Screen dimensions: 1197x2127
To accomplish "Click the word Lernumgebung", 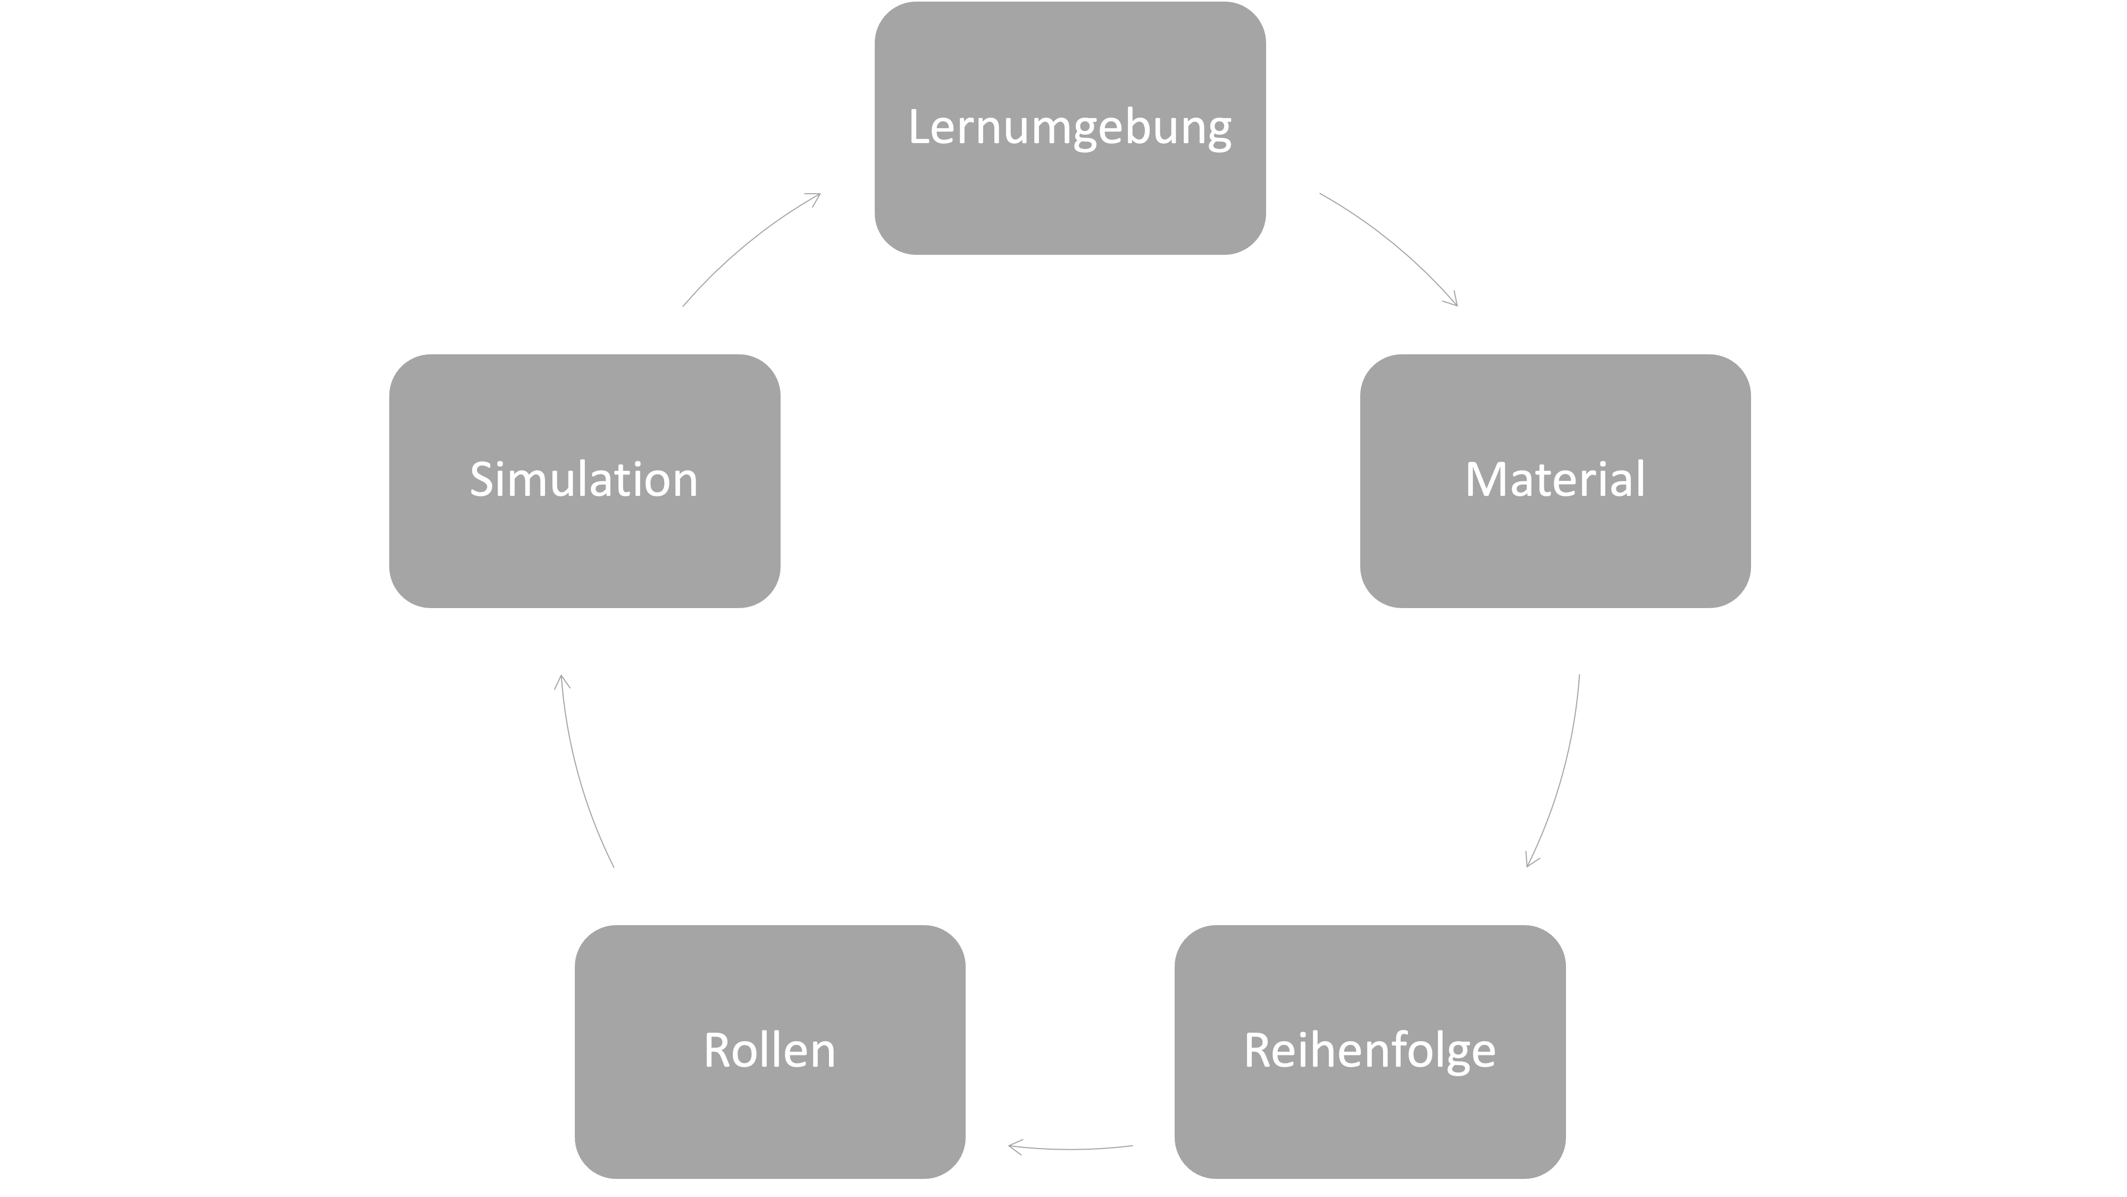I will tap(1069, 128).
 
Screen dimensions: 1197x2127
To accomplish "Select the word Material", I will tap(1555, 480).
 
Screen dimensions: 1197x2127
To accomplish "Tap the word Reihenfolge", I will tap(1369, 1051).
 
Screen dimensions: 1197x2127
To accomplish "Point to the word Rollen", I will tap(769, 1051).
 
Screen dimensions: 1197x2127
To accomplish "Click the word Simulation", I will tap(584, 480).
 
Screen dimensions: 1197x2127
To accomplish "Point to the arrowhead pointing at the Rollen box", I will tap(1012, 1146).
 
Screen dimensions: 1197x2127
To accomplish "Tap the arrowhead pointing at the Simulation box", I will tap(562, 679).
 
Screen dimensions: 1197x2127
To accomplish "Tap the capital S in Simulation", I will tap(482, 479).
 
